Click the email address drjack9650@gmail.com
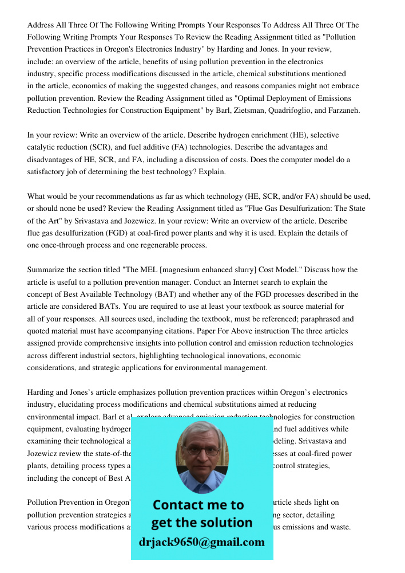201,542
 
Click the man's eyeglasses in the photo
201,450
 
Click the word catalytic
43,147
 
